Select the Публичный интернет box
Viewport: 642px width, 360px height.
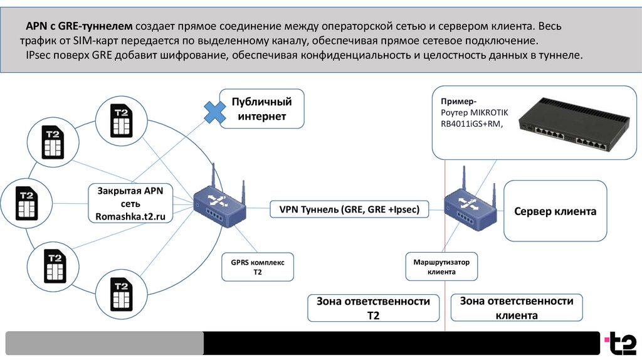click(x=262, y=109)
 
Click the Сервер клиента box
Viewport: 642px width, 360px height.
click(x=555, y=211)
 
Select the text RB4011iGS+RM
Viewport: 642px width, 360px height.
click(x=471, y=124)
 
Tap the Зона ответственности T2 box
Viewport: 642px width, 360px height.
click(x=373, y=308)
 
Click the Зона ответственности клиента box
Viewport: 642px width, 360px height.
click(x=517, y=308)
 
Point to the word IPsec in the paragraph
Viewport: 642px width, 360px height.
click(x=39, y=55)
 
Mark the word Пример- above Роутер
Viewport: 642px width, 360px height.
click(x=458, y=101)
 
